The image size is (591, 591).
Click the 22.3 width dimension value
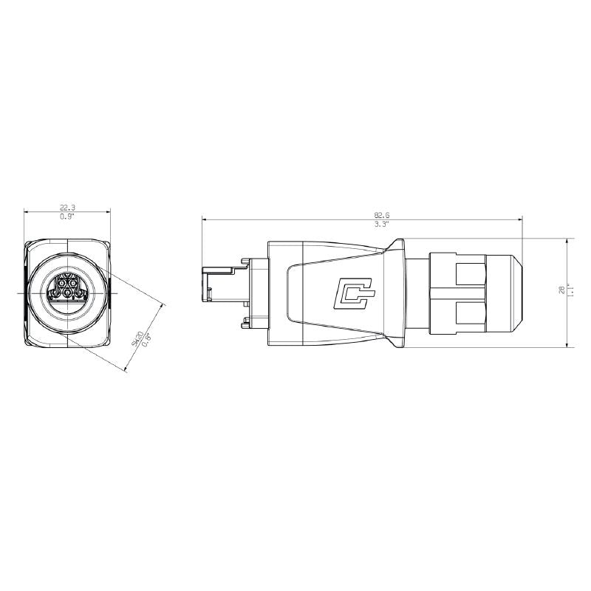tap(67, 208)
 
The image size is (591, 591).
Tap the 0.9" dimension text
tap(67, 217)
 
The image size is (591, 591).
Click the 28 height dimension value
tap(562, 290)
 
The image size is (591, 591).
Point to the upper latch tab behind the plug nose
tap(242, 260)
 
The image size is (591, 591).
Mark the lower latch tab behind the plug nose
tap(242, 322)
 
